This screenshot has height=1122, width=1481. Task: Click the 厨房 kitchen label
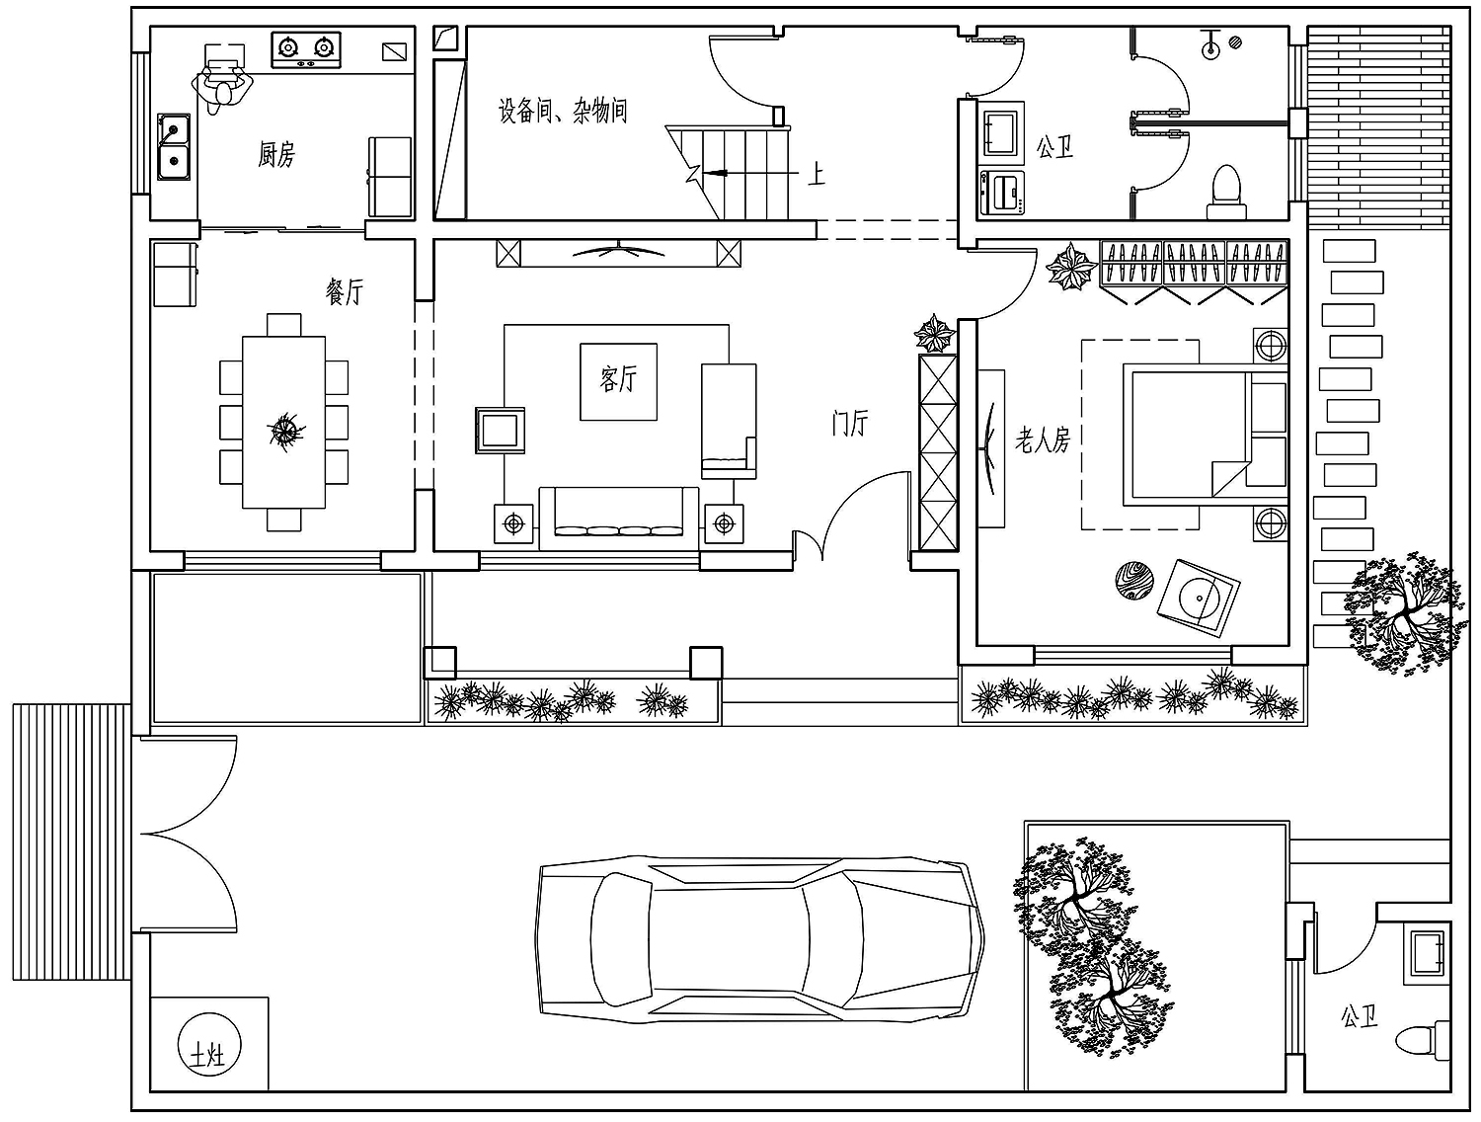[276, 154]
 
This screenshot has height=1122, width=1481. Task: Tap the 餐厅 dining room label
[345, 291]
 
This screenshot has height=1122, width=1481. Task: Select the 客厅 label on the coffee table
[618, 378]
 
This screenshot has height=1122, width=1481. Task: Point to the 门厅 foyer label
[849, 423]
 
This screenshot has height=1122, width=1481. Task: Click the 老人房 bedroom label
[1043, 440]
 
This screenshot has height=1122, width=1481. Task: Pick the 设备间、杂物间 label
[563, 110]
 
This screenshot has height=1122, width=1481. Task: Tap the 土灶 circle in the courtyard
[209, 1047]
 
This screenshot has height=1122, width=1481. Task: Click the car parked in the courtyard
[760, 938]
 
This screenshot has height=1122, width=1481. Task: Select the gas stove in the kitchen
[306, 49]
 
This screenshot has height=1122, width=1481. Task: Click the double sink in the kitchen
[174, 147]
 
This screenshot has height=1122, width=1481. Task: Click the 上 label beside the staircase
[817, 174]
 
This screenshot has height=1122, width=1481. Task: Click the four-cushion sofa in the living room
[619, 519]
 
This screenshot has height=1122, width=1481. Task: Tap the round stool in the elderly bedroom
[1133, 580]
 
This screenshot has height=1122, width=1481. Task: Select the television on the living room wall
[618, 252]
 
